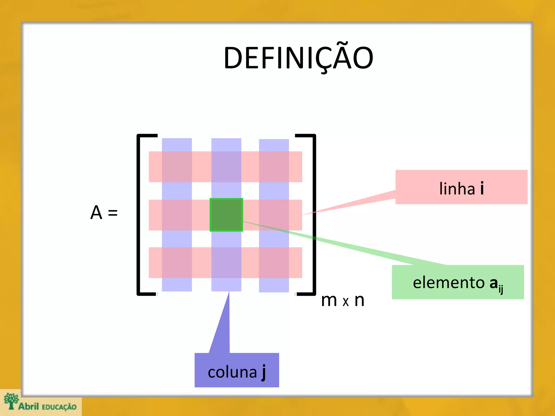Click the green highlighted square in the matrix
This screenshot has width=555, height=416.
pos(226,215)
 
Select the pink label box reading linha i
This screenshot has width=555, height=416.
pos(461,187)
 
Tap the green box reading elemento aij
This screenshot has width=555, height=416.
pos(458,282)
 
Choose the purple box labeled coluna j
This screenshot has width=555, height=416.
pos(237,370)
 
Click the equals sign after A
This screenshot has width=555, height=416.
pos(113,213)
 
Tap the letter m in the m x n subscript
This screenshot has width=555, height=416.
pos(329,301)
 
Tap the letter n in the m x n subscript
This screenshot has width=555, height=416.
pos(359,301)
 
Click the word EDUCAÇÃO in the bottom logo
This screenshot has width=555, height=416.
pos(59,407)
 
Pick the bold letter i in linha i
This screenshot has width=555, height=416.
pos(482,188)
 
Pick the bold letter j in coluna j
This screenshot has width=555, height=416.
pos(263,373)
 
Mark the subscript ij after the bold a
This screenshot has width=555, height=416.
pos(501,289)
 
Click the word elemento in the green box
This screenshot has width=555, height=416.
pos(448,283)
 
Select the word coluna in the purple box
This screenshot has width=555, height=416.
pos(232,372)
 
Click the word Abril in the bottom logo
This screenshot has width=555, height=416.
pos(29,406)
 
